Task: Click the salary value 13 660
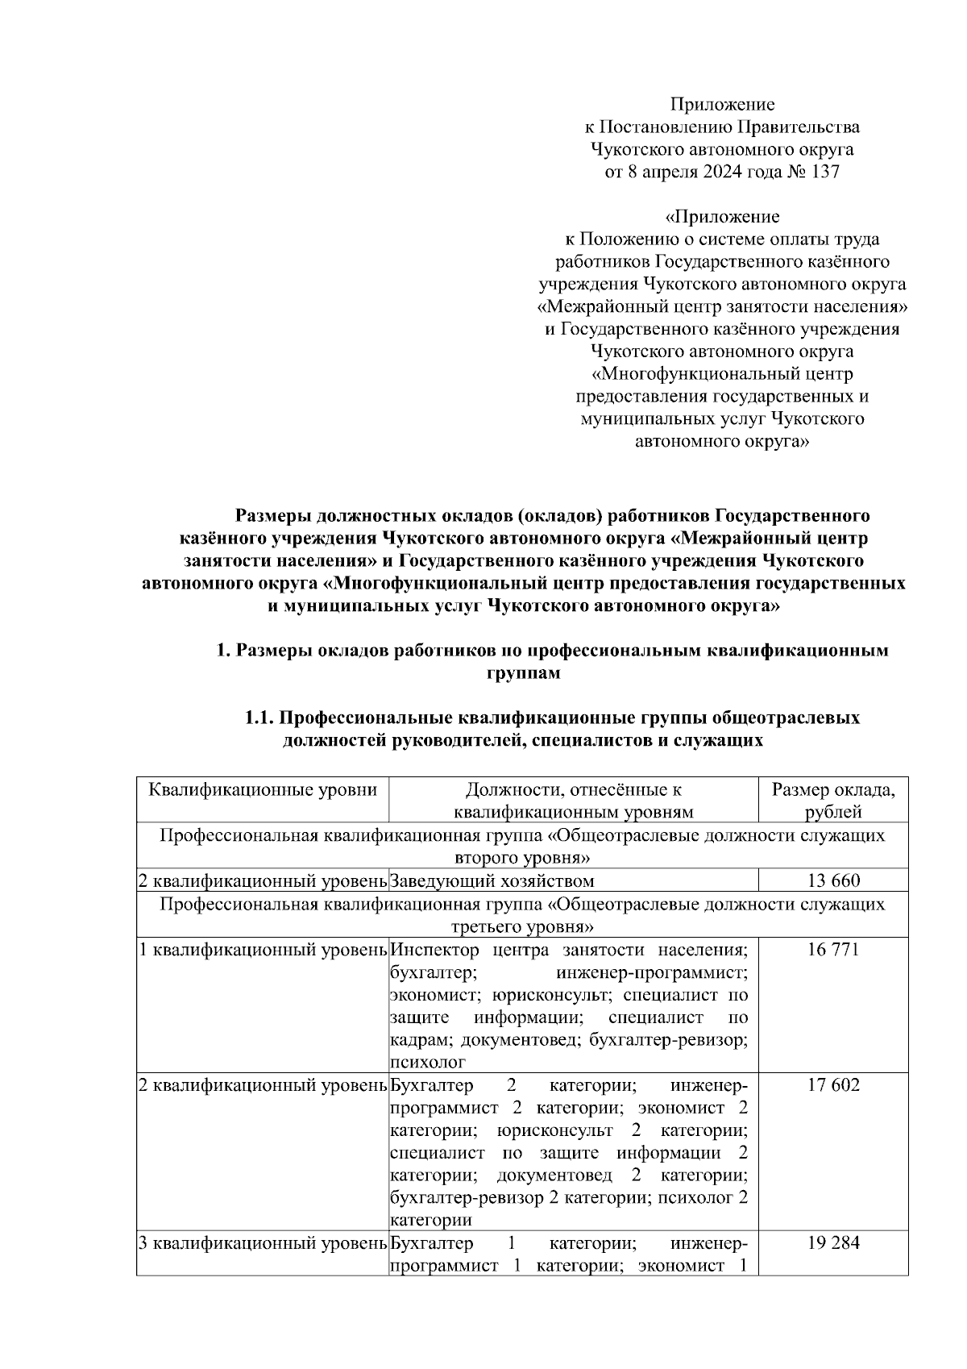(833, 880)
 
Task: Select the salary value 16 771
(833, 949)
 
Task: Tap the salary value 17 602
(833, 1084)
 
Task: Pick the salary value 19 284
(833, 1242)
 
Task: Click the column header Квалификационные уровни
(263, 789)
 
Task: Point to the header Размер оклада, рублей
(833, 801)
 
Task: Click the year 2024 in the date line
(722, 172)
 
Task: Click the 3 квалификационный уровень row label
(263, 1242)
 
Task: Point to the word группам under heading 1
(523, 673)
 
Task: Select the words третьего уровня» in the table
(523, 926)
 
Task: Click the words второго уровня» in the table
(523, 858)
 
